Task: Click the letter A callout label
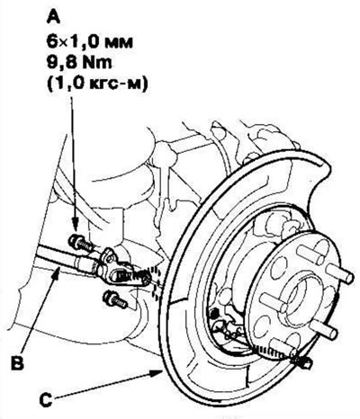click(x=54, y=17)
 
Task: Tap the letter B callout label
click(x=17, y=363)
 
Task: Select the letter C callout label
click(x=46, y=400)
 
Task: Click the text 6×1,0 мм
click(x=89, y=41)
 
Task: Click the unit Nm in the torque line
click(x=98, y=63)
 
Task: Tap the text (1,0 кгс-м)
click(x=97, y=85)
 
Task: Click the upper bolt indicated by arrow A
click(x=79, y=244)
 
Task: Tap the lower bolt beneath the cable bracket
click(x=114, y=300)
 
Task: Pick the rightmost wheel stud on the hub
click(x=340, y=273)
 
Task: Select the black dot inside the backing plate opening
click(x=213, y=315)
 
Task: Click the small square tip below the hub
click(x=307, y=364)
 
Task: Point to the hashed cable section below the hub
click(x=273, y=352)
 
